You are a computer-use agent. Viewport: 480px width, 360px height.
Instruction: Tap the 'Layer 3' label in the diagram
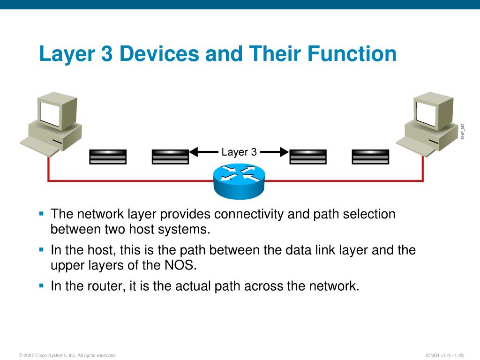point(239,152)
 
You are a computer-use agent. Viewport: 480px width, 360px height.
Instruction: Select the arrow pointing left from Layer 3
point(202,152)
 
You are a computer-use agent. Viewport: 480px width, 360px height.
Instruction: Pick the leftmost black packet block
point(108,157)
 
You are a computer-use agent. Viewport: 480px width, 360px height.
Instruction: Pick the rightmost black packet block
point(370,157)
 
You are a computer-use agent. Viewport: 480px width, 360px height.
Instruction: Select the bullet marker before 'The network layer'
point(41,214)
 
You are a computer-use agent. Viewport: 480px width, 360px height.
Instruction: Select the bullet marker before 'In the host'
point(41,249)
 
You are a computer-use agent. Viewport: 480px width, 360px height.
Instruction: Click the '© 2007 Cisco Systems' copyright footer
point(67,355)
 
